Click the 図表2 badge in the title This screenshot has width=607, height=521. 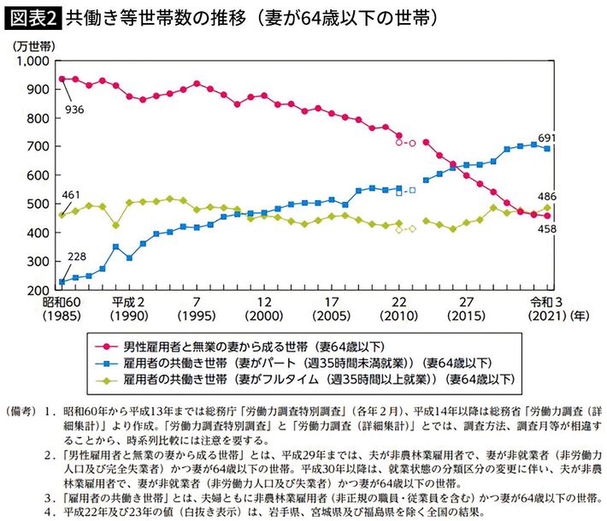[32, 16]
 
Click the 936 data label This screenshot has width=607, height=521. [74, 111]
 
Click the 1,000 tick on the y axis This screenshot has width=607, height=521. [35, 62]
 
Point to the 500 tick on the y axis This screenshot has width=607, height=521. [41, 204]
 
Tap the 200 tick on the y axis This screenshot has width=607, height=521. [41, 291]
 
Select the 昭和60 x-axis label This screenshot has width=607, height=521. [61, 302]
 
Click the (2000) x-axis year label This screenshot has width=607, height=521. [264, 317]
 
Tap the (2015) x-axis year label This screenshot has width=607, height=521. [465, 317]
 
